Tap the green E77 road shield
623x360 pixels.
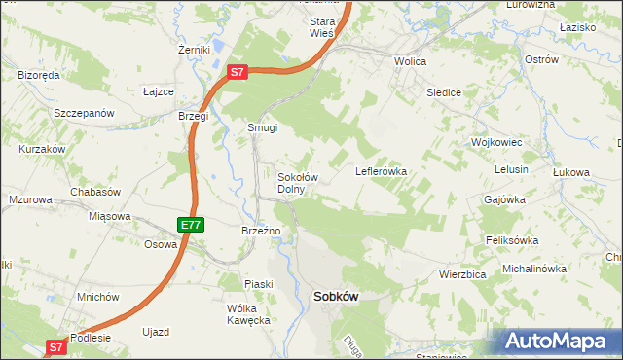(x=191, y=225)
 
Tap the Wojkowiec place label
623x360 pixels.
(x=497, y=142)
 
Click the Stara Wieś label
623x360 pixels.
(x=321, y=26)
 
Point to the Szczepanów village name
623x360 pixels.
(x=85, y=113)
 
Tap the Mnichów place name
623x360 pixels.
(x=97, y=297)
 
